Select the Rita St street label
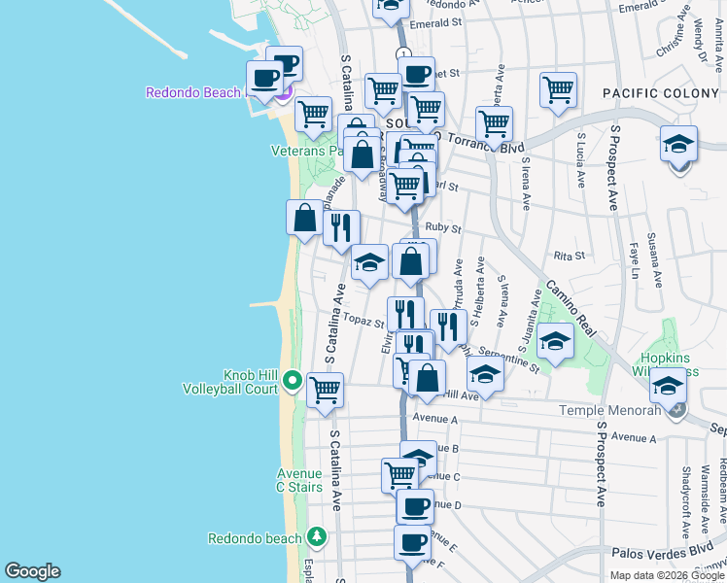click(x=569, y=256)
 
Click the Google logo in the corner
click(x=32, y=571)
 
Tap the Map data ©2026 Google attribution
click(x=666, y=575)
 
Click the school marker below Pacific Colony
click(x=679, y=144)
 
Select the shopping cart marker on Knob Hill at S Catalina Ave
click(x=325, y=391)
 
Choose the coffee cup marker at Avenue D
click(x=415, y=506)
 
